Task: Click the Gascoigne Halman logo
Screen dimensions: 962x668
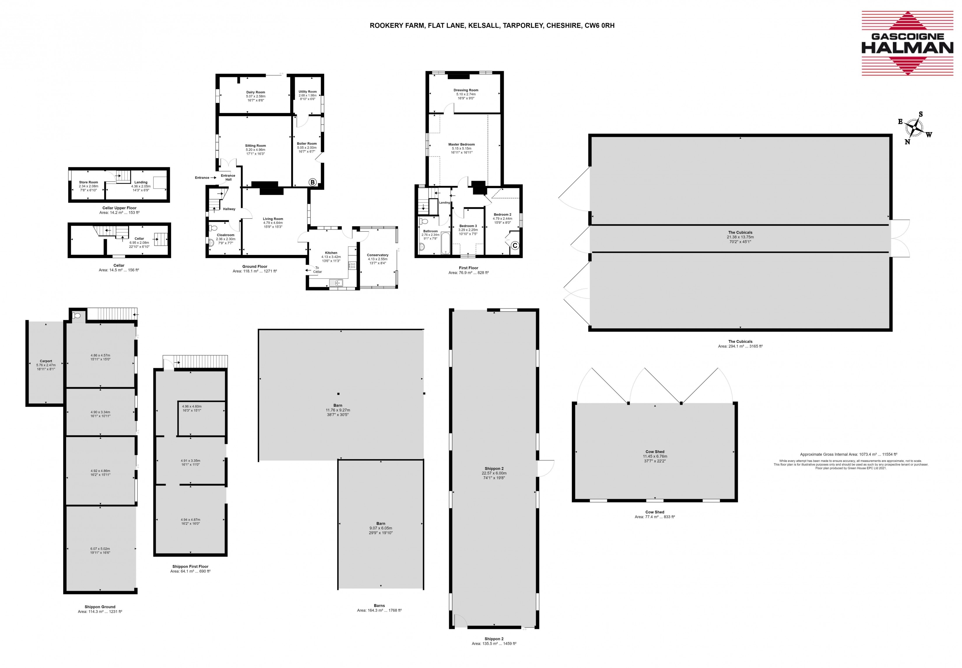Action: [907, 43]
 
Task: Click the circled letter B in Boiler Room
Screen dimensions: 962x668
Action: [313, 182]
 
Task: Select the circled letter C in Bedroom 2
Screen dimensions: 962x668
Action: [515, 246]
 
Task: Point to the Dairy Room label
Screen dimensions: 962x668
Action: [255, 92]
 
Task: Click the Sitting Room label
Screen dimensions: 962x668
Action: [255, 146]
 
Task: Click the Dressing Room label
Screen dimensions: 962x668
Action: [466, 90]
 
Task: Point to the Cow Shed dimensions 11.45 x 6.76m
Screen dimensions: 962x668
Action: [655, 456]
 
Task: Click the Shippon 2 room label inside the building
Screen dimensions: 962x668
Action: [494, 468]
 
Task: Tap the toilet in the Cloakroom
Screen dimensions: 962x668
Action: [212, 228]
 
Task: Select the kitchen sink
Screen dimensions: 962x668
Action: [336, 283]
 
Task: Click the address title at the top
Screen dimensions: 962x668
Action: [492, 26]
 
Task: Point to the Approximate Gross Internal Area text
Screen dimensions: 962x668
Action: [849, 454]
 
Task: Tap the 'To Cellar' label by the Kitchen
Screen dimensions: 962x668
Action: [317, 269]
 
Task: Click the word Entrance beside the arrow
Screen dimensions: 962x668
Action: [202, 178]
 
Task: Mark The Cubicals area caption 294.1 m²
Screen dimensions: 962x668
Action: [740, 346]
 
